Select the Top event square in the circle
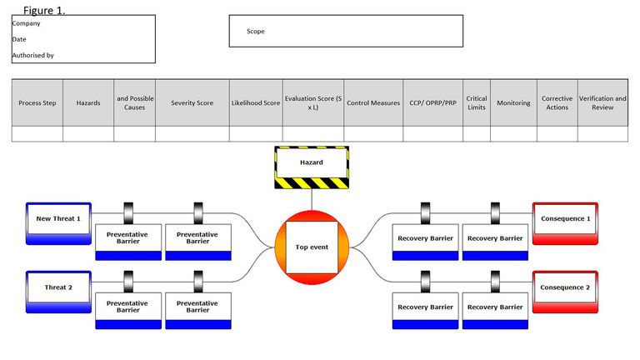coord(312,247)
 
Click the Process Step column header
coord(37,103)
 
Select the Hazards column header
coord(88,103)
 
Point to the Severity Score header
coord(192,103)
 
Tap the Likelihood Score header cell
coord(255,103)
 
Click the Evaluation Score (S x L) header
coord(313,103)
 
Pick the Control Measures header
coord(373,103)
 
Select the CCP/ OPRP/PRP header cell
coord(432,103)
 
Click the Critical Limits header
coord(477,103)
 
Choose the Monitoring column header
coord(513,103)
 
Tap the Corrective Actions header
coord(557,103)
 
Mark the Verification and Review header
coord(602,103)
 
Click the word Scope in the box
coord(256,32)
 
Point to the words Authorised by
coord(33,56)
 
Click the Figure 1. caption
coord(44,11)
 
